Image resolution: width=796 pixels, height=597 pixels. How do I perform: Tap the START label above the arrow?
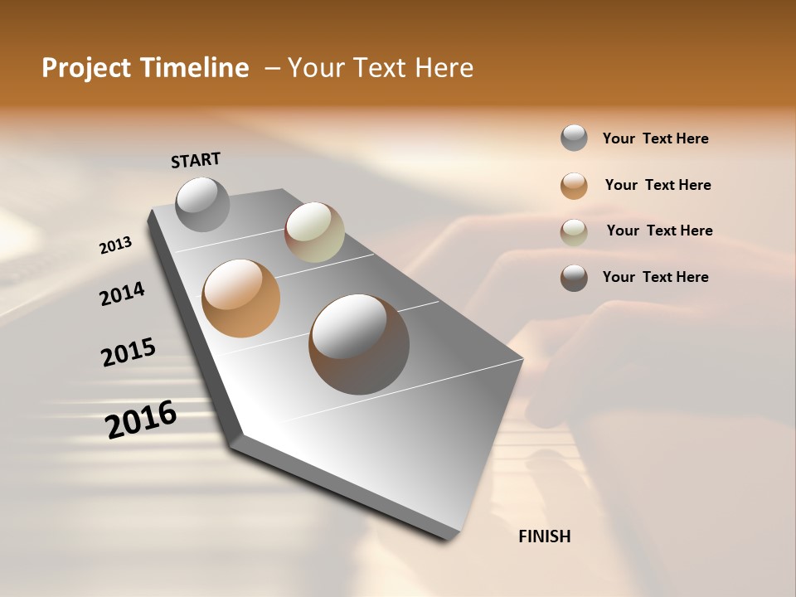196,160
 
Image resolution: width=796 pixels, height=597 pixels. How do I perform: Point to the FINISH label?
545,536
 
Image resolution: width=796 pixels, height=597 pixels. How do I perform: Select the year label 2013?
116,245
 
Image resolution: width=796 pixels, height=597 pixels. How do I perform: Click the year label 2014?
123,294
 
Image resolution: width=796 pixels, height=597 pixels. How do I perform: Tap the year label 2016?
141,420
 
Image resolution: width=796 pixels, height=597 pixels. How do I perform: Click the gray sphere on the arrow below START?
203,204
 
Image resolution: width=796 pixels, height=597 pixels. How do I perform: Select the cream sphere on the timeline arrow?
314,232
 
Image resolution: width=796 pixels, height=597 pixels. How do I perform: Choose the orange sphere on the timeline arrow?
241,298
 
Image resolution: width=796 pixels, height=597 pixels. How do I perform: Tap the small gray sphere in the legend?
574,138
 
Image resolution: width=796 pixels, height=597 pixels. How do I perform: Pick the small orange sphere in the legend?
574,186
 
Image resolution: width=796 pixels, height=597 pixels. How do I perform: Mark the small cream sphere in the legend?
574,232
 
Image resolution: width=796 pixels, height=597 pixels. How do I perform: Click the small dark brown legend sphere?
574,278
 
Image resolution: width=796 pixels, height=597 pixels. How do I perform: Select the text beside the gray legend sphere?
656,138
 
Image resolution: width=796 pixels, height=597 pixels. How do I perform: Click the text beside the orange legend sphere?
658,185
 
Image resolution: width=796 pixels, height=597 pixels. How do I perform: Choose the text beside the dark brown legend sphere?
656,277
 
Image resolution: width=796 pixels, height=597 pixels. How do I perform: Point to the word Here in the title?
444,68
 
